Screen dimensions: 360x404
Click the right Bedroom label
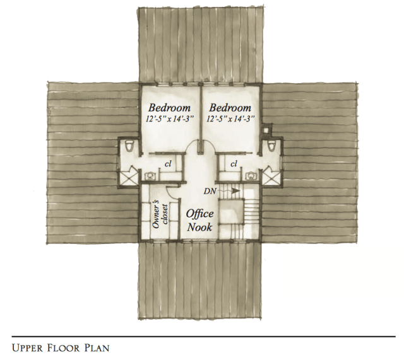click(x=230, y=108)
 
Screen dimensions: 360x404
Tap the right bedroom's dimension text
click(x=230, y=120)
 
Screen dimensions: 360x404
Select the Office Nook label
click(x=199, y=221)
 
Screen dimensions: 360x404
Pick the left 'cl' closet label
click(x=168, y=163)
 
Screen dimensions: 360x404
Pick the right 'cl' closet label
click(x=234, y=163)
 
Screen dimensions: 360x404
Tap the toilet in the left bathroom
click(x=129, y=146)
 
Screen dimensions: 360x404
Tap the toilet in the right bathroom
click(x=271, y=146)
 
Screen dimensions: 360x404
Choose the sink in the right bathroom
click(x=249, y=176)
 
